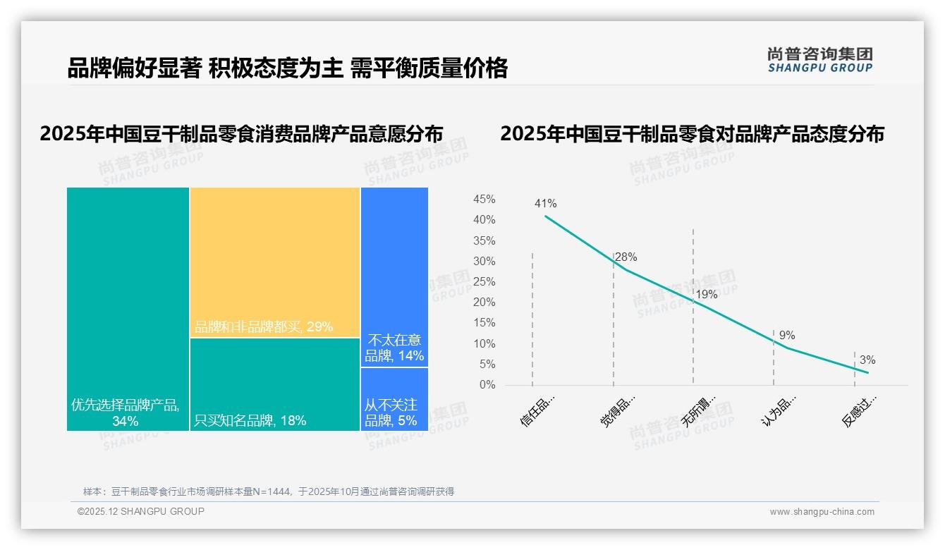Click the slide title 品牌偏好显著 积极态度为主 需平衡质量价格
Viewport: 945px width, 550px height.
(x=287, y=68)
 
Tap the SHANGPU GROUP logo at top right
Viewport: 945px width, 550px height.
(x=820, y=60)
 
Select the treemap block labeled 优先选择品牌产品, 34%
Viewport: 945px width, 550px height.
(x=128, y=308)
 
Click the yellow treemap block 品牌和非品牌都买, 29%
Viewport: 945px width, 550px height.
(x=275, y=262)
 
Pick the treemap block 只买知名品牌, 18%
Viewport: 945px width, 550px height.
(x=275, y=384)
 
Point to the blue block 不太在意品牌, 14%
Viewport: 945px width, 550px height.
(x=394, y=276)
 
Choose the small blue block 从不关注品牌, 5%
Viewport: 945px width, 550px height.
(x=394, y=399)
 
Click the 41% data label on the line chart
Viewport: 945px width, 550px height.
(x=545, y=204)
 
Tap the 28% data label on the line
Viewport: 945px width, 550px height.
(x=626, y=257)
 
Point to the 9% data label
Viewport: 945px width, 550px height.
(x=787, y=336)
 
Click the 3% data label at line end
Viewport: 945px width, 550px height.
(x=867, y=360)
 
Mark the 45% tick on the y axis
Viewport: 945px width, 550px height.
(x=484, y=200)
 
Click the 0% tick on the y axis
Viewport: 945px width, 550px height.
(x=487, y=385)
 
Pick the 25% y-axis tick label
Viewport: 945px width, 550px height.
(x=484, y=282)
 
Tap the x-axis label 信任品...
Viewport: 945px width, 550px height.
(x=538, y=410)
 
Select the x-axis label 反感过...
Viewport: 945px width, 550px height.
(x=860, y=411)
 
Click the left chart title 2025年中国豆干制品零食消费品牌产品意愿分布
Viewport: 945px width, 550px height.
(x=241, y=134)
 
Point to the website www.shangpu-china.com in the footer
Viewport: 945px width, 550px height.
(x=822, y=512)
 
